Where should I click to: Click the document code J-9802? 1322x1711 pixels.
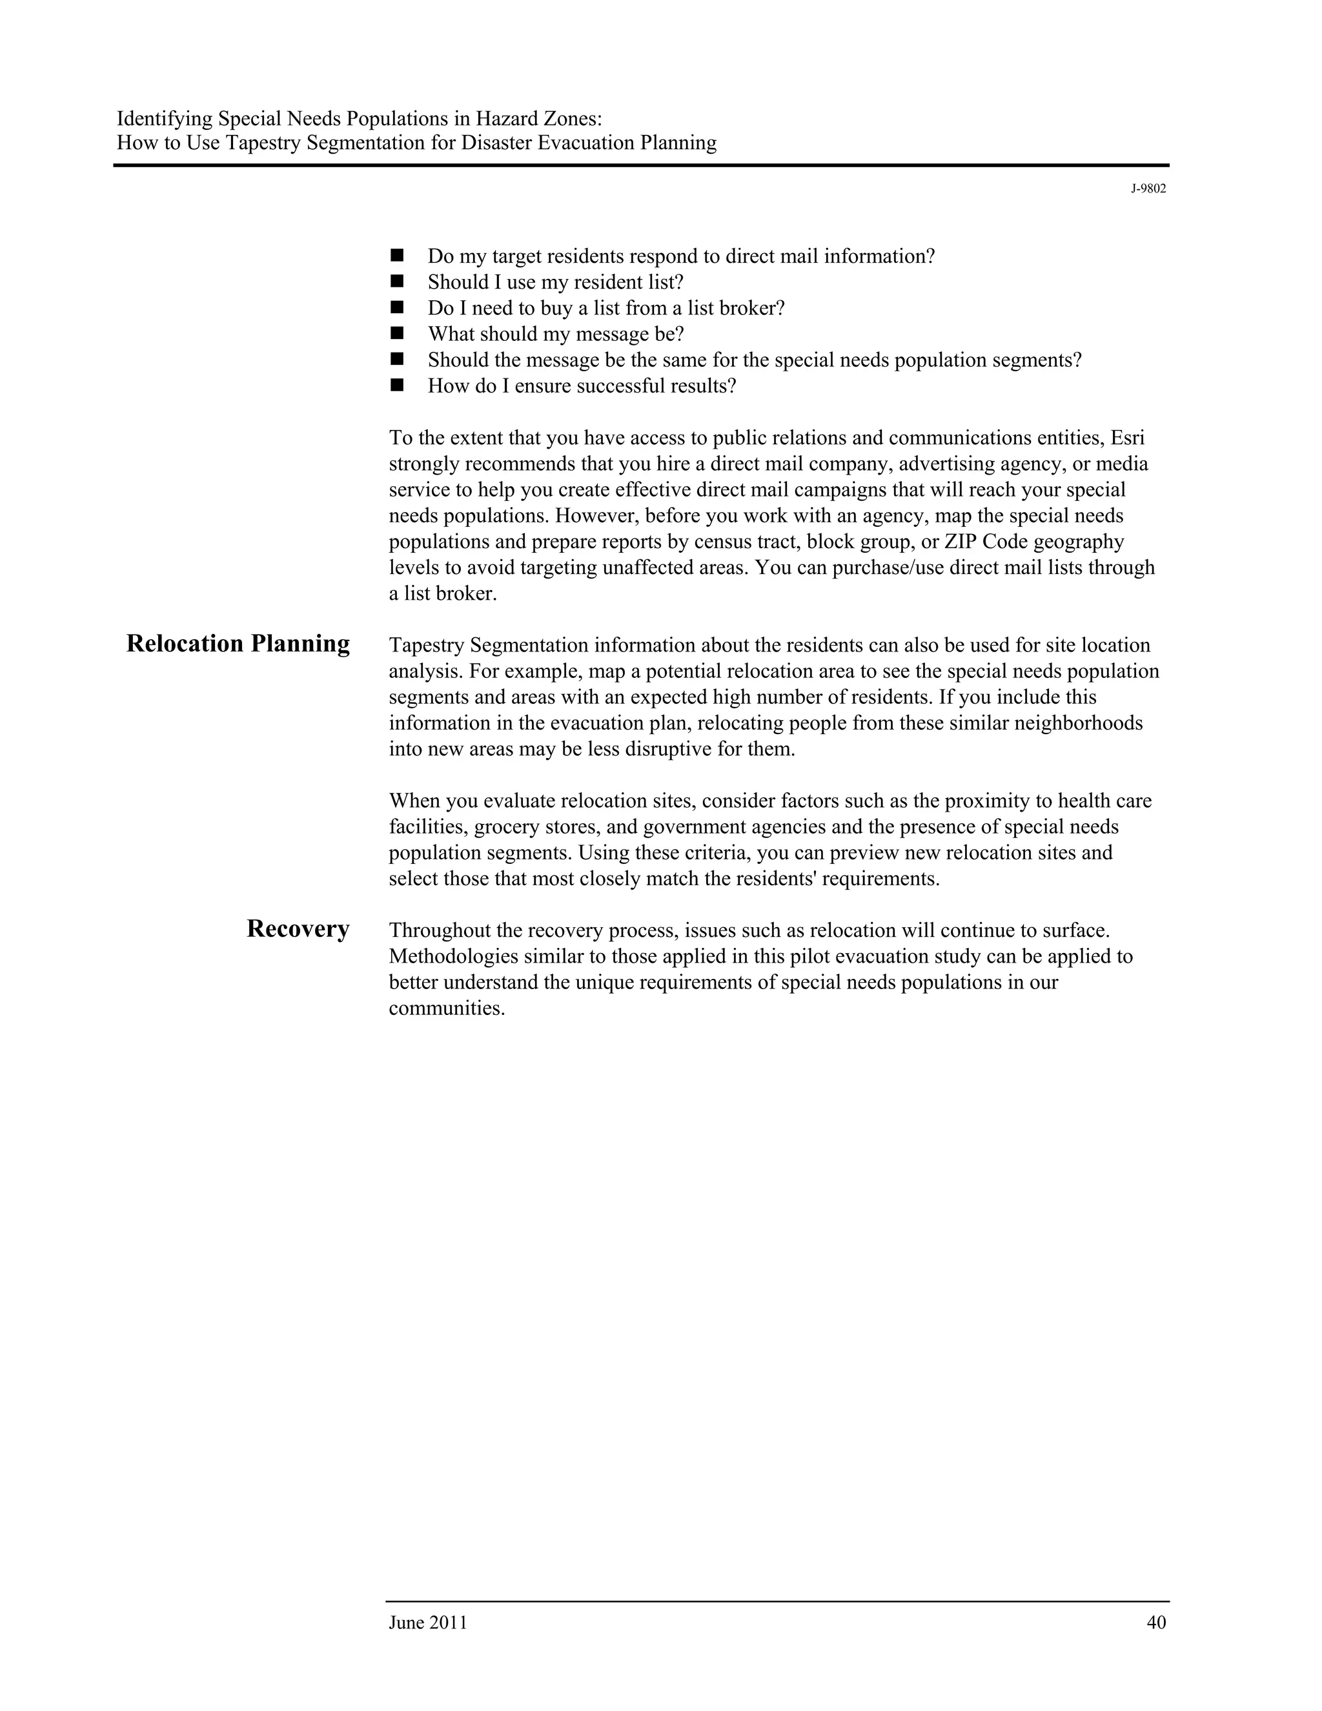pyautogui.click(x=1148, y=189)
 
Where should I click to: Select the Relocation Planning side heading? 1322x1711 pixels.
pyautogui.click(x=238, y=643)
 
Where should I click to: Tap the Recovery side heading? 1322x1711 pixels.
pyautogui.click(x=298, y=928)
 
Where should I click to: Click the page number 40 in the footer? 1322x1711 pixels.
pyautogui.click(x=1156, y=1623)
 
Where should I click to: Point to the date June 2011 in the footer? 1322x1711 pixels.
pyautogui.click(x=427, y=1623)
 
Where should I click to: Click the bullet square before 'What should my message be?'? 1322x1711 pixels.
pyautogui.click(x=396, y=333)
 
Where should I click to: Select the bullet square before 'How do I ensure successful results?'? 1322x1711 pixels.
pyautogui.click(x=396, y=385)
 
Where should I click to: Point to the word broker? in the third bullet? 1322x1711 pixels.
pyautogui.click(x=752, y=308)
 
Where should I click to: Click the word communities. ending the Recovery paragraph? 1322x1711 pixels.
pyautogui.click(x=447, y=1009)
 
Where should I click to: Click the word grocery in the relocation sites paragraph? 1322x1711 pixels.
pyautogui.click(x=502, y=827)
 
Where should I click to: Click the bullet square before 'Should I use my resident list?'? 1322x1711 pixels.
pyautogui.click(x=396, y=280)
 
